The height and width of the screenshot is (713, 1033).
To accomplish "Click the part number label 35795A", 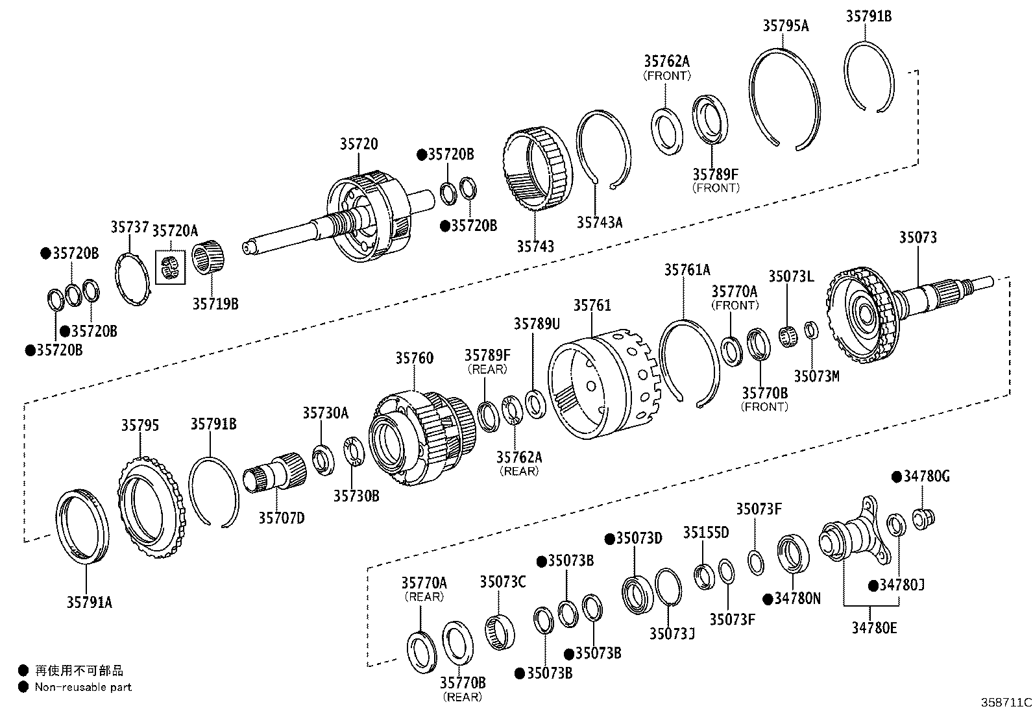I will pos(785,25).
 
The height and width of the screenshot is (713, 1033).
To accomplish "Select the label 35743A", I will pos(599,223).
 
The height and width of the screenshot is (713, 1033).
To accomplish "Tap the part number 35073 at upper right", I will pos(918,237).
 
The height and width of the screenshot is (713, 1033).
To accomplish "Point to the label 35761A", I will pos(687,269).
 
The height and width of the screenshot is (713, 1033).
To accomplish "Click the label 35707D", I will pos(282,517).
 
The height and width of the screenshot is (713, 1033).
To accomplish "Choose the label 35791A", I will pos(89,602).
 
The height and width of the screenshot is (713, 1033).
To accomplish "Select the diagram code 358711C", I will pos(1005,702).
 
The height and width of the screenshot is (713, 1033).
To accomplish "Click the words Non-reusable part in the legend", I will pos(83,687).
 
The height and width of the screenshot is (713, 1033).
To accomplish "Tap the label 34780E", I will pos(874,627).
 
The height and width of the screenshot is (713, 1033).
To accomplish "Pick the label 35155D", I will pos(705,533).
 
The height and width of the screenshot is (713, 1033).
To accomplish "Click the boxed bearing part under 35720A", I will pos(170,265).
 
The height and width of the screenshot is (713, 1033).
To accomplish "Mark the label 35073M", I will pos(816,376).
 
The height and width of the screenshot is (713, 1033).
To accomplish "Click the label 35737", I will pos(128,227).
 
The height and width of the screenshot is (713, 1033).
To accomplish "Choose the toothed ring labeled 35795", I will pos(151,502).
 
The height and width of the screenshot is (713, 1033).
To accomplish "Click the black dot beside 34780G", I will pos(897,477).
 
